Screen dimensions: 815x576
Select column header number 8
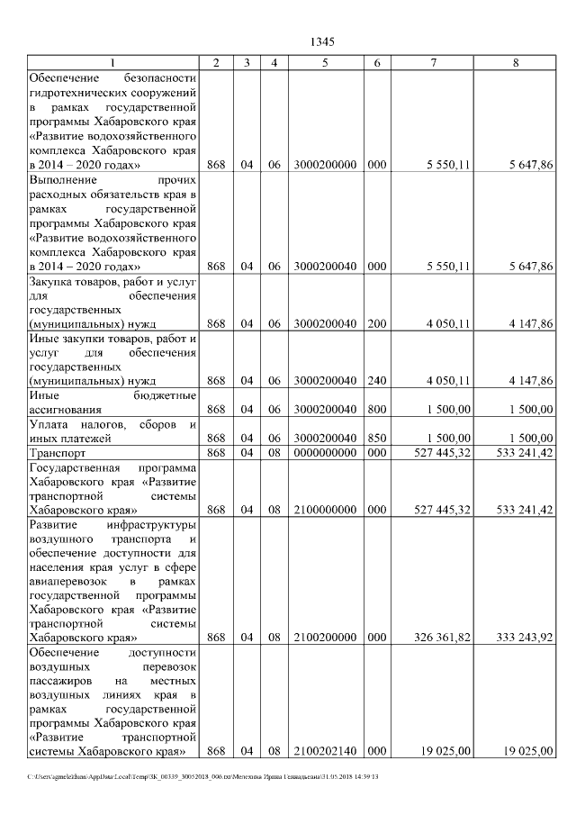[515, 63]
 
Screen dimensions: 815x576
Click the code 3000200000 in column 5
[325, 166]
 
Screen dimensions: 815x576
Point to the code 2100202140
[325, 750]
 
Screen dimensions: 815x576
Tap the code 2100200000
[325, 638]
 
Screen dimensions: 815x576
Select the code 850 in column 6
[377, 438]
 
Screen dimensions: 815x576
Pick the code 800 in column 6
[377, 409]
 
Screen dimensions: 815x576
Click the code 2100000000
[325, 510]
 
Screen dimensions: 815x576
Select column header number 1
[112, 63]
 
